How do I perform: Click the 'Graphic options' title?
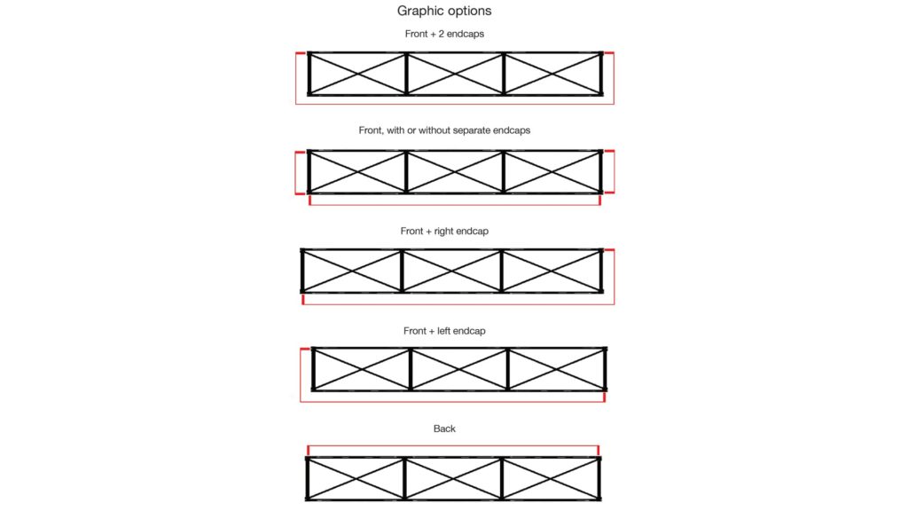[444, 11]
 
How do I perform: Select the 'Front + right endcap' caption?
[444, 232]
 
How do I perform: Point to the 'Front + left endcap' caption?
[444, 331]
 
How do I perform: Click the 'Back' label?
[444, 428]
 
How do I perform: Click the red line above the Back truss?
[453, 446]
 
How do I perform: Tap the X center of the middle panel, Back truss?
[453, 478]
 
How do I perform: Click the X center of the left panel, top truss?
[357, 74]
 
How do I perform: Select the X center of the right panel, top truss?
[553, 74]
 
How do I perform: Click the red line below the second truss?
[455, 205]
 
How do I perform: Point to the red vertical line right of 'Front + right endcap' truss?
[614, 277]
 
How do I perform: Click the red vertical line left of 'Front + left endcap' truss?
[301, 375]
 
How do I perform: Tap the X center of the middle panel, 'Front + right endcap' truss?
[451, 271]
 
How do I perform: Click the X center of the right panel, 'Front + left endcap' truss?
[557, 369]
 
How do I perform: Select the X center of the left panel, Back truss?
[355, 478]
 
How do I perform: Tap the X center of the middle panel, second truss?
[455, 172]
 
